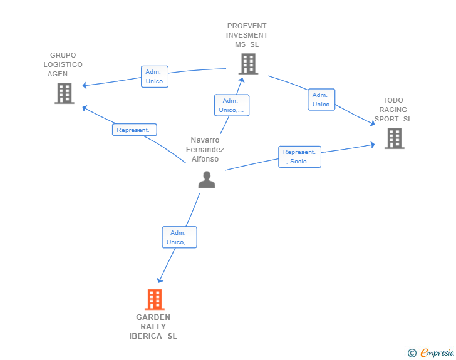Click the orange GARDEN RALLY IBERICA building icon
pyautogui.click(x=155, y=299)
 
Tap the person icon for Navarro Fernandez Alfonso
pyautogui.click(x=207, y=180)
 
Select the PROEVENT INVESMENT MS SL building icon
pyautogui.click(x=248, y=64)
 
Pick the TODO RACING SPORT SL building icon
pyautogui.click(x=395, y=138)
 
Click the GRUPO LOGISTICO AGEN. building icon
pyautogui.click(x=65, y=93)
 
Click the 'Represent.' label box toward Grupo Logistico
pyautogui.click(x=135, y=130)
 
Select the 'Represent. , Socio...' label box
pyautogui.click(x=300, y=157)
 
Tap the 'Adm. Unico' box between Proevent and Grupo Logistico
pyautogui.click(x=155, y=76)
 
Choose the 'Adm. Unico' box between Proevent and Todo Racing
pyautogui.click(x=321, y=100)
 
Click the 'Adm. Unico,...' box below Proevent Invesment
pyautogui.click(x=232, y=105)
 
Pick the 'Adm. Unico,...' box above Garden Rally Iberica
pyautogui.click(x=179, y=237)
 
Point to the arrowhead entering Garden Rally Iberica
pyautogui.click(x=159, y=280)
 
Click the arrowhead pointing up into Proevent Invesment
pyautogui.click(x=241, y=80)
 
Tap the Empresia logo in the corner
pyautogui.click(x=437, y=352)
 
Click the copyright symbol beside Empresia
pyautogui.click(x=412, y=353)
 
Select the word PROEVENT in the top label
pyautogui.click(x=247, y=26)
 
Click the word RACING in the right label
pyautogui.click(x=393, y=110)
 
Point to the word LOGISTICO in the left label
pyautogui.click(x=63, y=64)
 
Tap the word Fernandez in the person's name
pyautogui.click(x=205, y=150)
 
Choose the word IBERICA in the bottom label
pyautogui.click(x=145, y=336)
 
